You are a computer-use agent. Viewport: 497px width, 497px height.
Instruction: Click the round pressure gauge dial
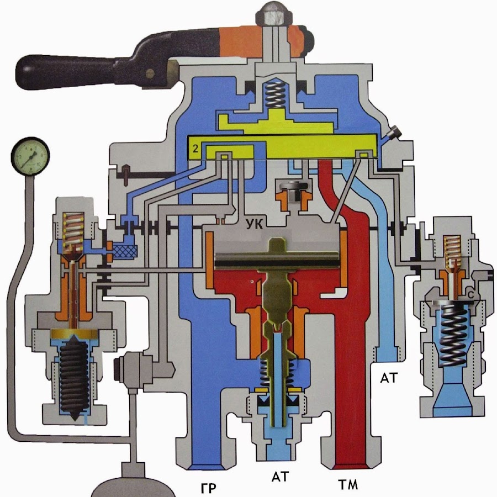(x=30, y=156)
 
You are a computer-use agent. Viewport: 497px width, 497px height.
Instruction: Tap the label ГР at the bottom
(x=209, y=488)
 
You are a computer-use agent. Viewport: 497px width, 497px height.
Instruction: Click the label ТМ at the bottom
(x=348, y=484)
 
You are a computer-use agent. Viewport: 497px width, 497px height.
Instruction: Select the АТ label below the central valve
(x=281, y=477)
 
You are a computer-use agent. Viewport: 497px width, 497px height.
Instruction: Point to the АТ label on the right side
(x=389, y=378)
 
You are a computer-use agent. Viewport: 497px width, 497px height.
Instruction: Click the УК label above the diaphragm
(x=255, y=224)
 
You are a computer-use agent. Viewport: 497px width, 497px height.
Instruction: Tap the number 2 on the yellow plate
(x=195, y=149)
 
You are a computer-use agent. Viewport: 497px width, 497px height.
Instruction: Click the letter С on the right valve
(x=471, y=295)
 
